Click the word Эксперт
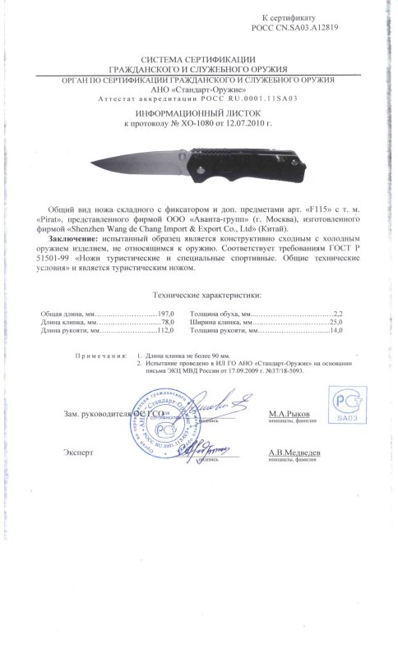[78, 453]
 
